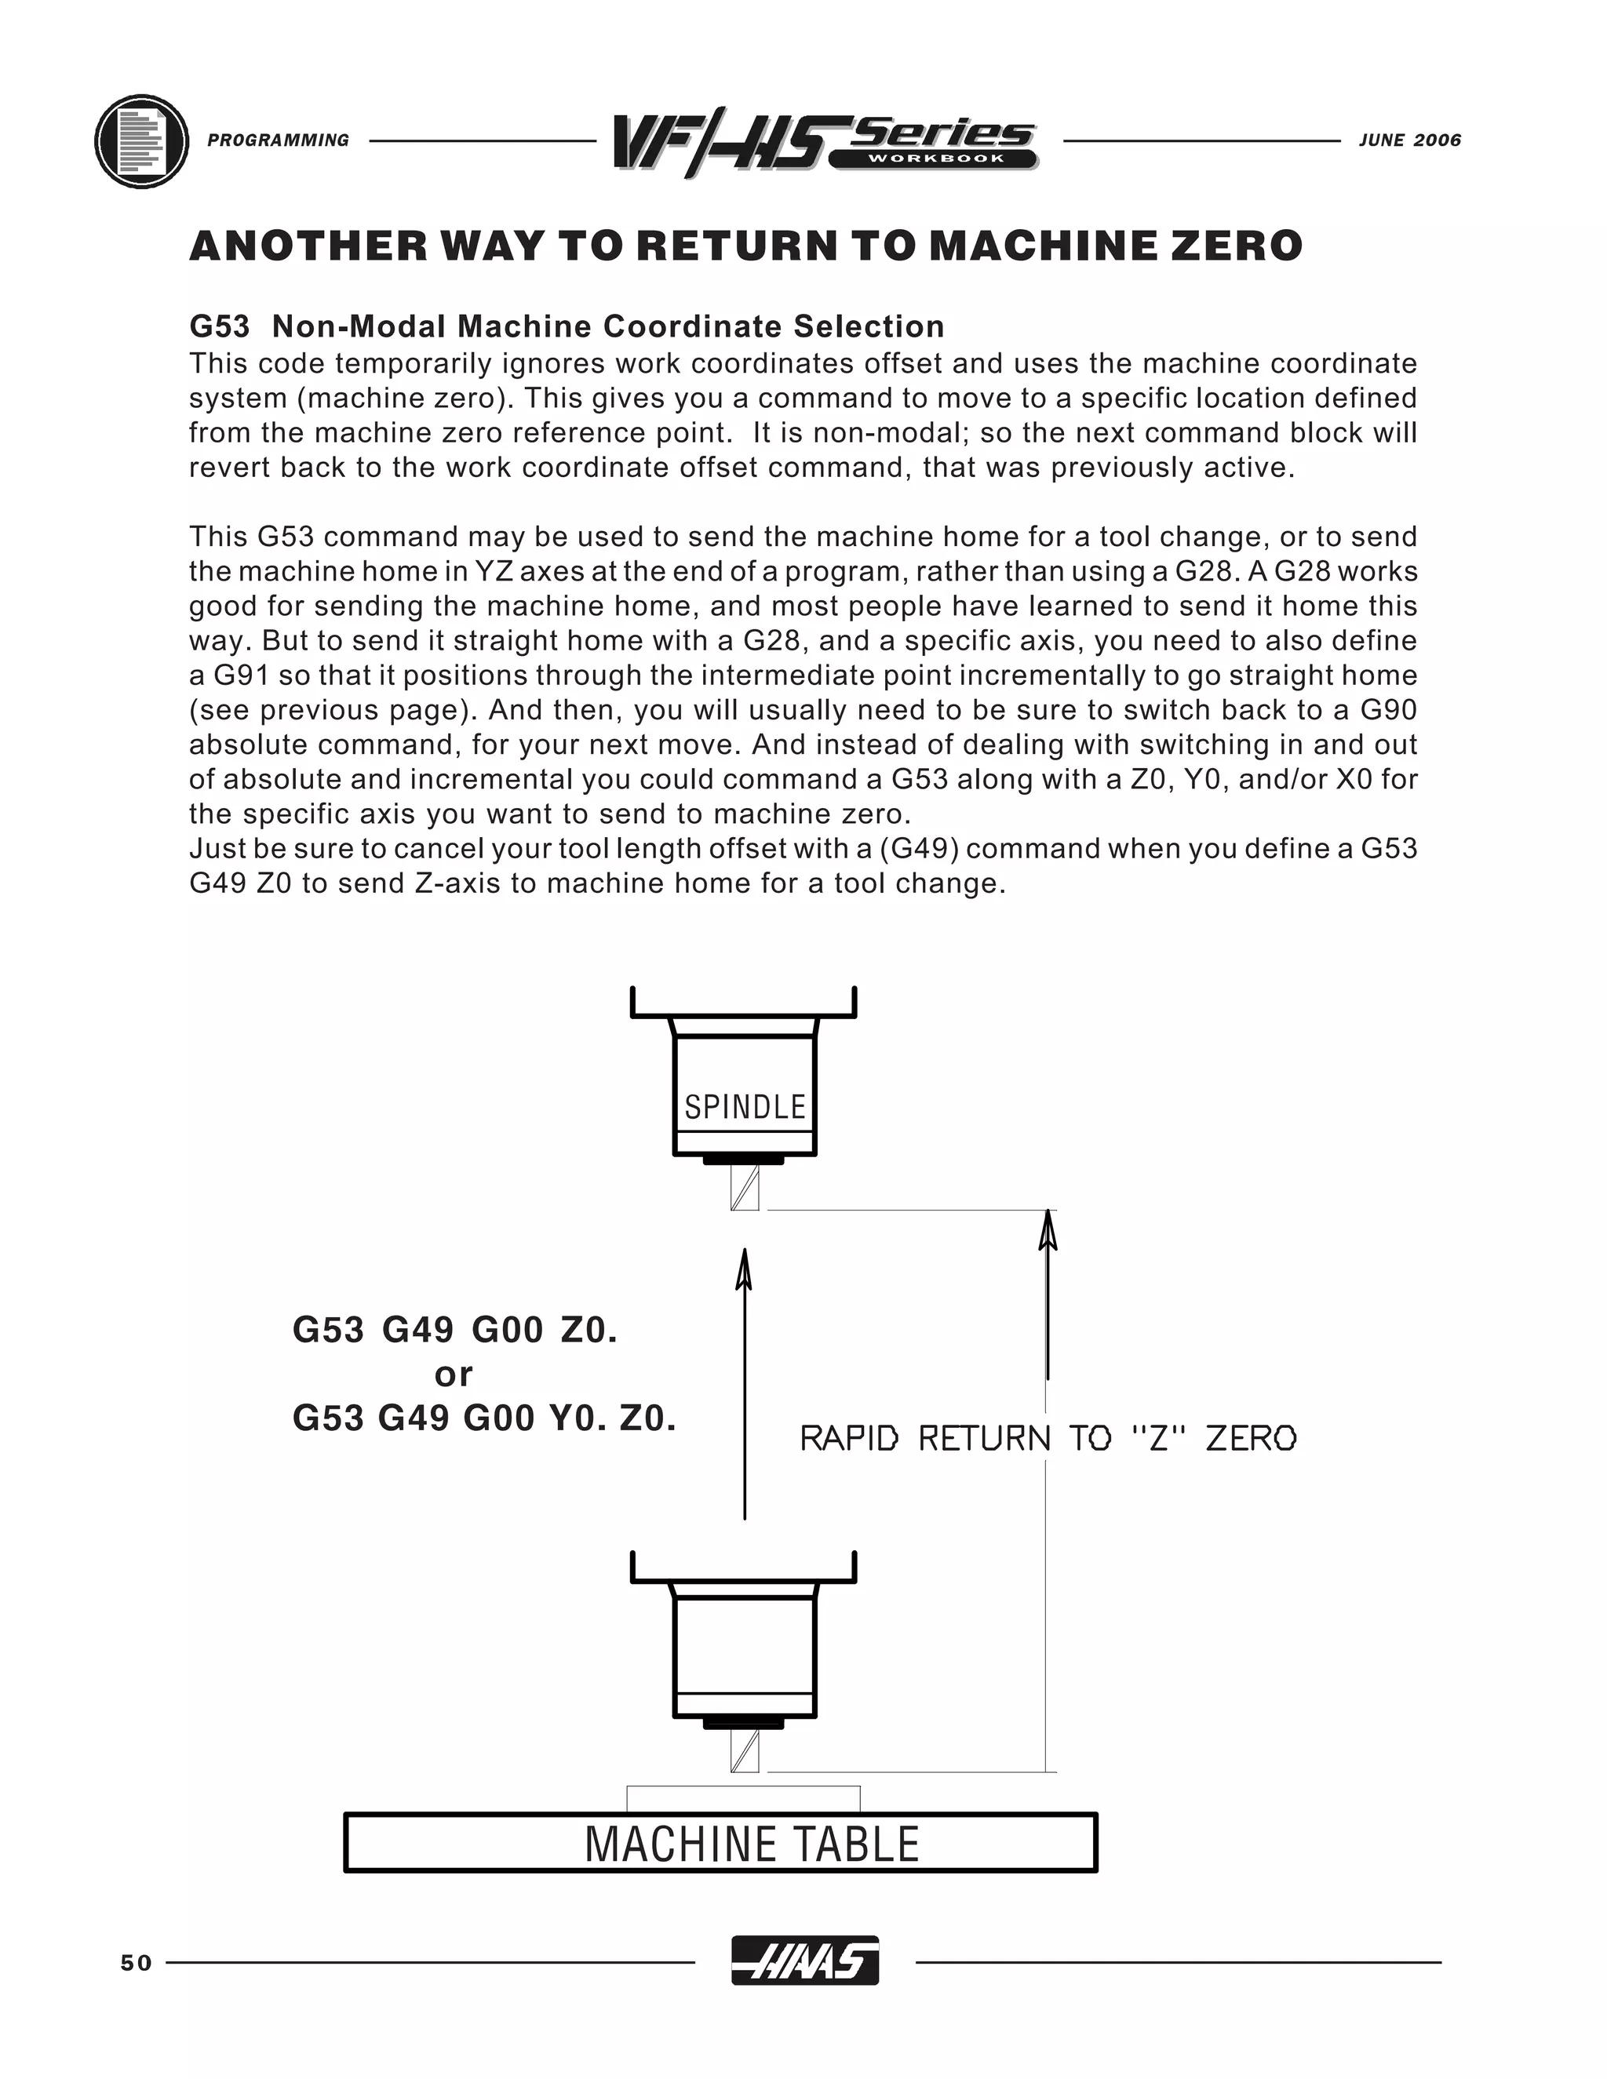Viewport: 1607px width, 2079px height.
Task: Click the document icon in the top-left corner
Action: [x=142, y=142]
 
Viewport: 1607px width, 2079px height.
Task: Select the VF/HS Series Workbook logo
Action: [x=825, y=144]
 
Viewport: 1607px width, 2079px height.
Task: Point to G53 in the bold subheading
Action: [x=219, y=326]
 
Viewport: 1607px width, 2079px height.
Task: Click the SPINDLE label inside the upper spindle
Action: [x=745, y=1107]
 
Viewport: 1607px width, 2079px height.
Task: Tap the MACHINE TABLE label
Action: [x=751, y=1844]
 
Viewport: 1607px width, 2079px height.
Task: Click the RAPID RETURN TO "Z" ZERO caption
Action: [x=1048, y=1438]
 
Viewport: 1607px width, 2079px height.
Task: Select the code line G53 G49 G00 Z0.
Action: [x=455, y=1330]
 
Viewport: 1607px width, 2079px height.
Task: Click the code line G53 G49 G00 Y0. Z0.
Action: [x=483, y=1418]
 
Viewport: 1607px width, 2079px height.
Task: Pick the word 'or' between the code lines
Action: [x=454, y=1374]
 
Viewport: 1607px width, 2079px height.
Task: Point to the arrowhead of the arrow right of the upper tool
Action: [x=1048, y=1229]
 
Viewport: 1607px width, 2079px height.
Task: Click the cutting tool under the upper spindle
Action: [x=745, y=1187]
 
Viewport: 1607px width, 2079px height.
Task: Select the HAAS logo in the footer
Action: [x=804, y=1961]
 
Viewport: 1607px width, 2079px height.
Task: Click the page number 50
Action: [x=136, y=1963]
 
